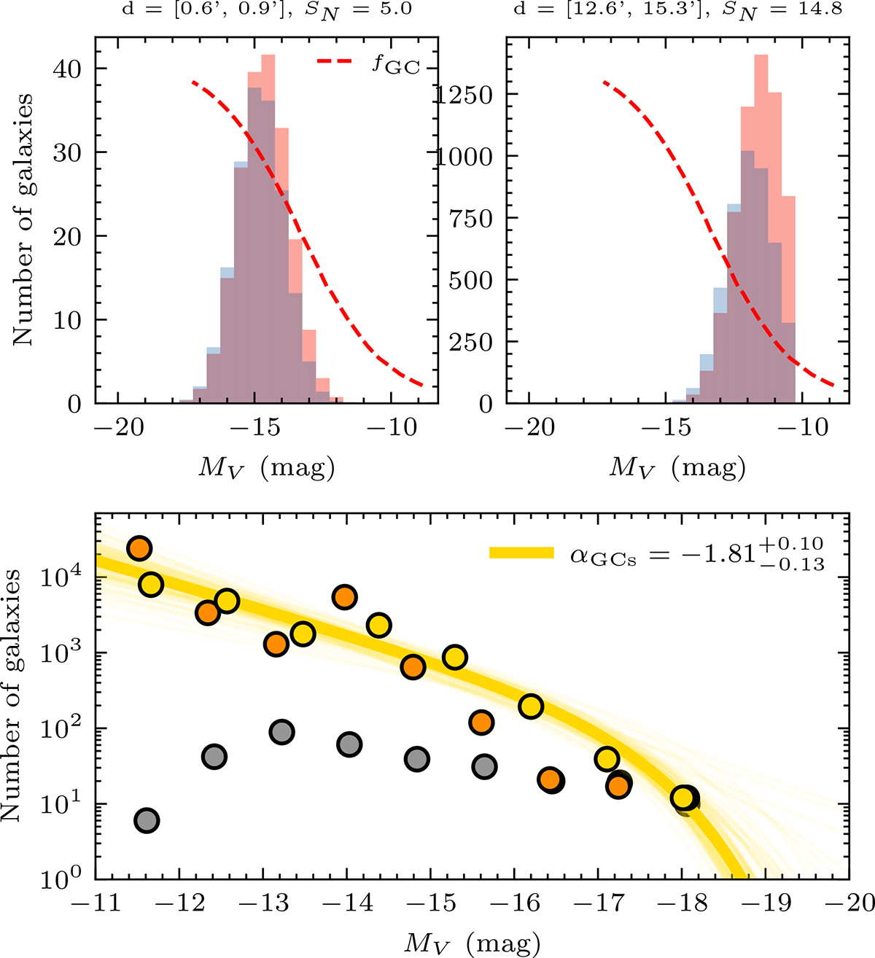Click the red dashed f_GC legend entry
pyautogui.click(x=368, y=64)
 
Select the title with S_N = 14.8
pyautogui.click(x=677, y=9)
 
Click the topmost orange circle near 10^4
pyautogui.click(x=139, y=548)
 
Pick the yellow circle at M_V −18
pyautogui.click(x=683, y=798)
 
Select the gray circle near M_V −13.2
pyautogui.click(x=281, y=731)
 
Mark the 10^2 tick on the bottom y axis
pyautogui.click(x=70, y=729)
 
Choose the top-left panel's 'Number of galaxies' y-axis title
pyautogui.click(x=23, y=219)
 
